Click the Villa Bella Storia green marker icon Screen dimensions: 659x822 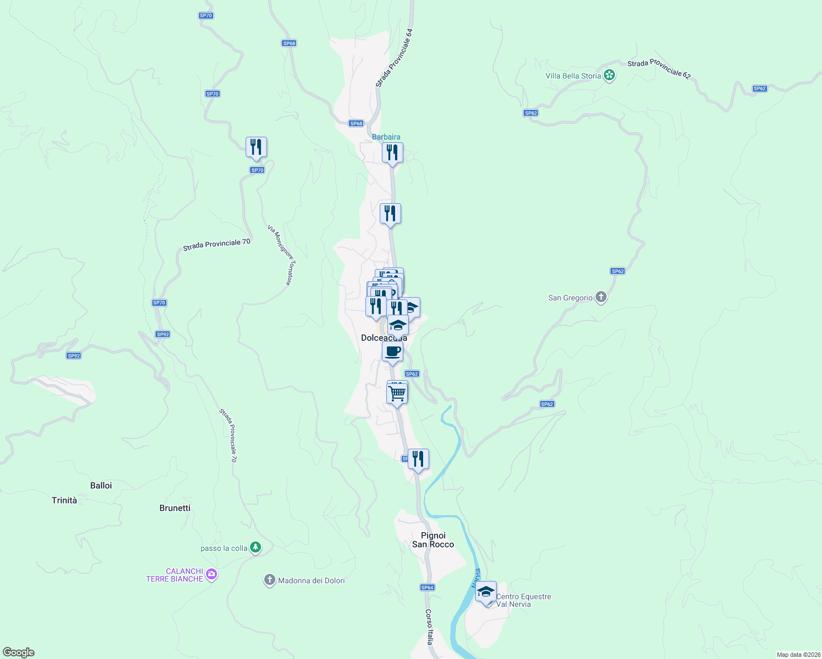click(609, 75)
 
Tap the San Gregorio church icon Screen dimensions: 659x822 click(601, 298)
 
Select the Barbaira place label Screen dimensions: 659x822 click(386, 137)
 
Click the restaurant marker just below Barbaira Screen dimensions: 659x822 click(392, 152)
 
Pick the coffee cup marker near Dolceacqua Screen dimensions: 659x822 click(392, 351)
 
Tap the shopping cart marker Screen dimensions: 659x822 click(397, 393)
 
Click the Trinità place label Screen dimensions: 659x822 click(64, 500)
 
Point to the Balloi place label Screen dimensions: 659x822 click(101, 485)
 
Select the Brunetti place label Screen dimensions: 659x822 click(175, 508)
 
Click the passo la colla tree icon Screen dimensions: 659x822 click(255, 548)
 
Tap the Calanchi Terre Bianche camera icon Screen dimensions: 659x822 click(212, 575)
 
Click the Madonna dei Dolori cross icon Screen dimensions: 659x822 click(269, 580)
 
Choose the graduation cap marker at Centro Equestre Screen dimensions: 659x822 click(486, 592)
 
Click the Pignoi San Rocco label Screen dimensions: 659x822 click(433, 540)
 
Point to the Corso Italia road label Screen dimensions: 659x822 click(430, 626)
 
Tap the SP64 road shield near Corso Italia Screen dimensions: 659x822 click(427, 588)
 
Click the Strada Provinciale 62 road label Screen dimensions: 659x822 click(658, 69)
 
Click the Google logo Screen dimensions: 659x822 click(19, 652)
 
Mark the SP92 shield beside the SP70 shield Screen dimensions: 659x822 click(163, 334)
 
